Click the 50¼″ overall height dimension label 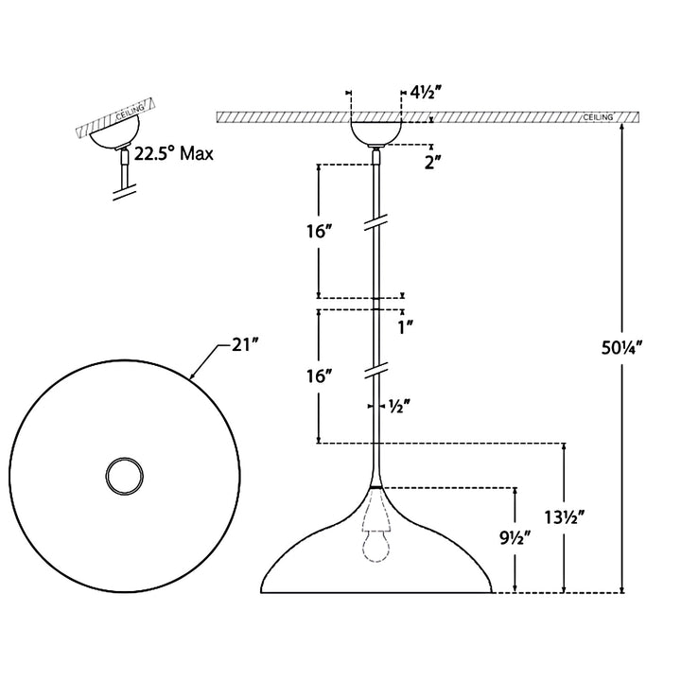tap(621, 348)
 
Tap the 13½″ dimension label tap(565, 516)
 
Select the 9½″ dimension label tap(515, 539)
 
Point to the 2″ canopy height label tap(433, 163)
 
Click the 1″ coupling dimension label tap(405, 327)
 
